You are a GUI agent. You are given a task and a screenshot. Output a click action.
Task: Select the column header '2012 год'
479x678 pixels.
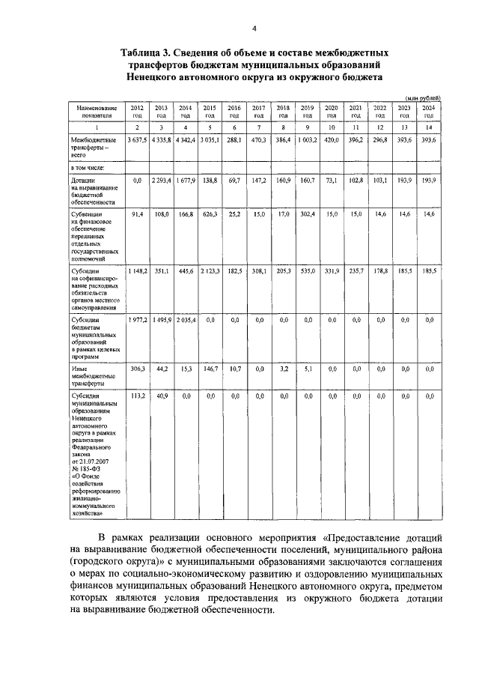[137, 112]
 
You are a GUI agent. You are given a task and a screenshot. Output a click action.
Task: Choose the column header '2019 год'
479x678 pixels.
[307, 112]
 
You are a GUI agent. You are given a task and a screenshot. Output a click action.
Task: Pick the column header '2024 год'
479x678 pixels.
[428, 112]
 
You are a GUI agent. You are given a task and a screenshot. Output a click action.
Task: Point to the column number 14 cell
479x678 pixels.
[428, 128]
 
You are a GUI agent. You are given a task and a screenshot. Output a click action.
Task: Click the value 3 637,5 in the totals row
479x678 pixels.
[137, 140]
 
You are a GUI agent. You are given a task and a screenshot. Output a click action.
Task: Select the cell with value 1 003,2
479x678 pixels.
[307, 140]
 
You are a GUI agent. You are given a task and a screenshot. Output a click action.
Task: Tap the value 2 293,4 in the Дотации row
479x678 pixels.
[162, 181]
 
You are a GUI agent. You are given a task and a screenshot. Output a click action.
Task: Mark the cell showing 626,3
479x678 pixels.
[210, 214]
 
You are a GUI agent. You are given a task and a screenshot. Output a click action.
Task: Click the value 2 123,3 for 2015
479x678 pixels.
[210, 269]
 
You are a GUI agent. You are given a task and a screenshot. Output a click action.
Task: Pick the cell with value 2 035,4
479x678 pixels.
[186, 320]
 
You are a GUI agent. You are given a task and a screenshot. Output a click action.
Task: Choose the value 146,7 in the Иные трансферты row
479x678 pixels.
[210, 369]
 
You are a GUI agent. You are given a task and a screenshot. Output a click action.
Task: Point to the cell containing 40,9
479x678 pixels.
[162, 395]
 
